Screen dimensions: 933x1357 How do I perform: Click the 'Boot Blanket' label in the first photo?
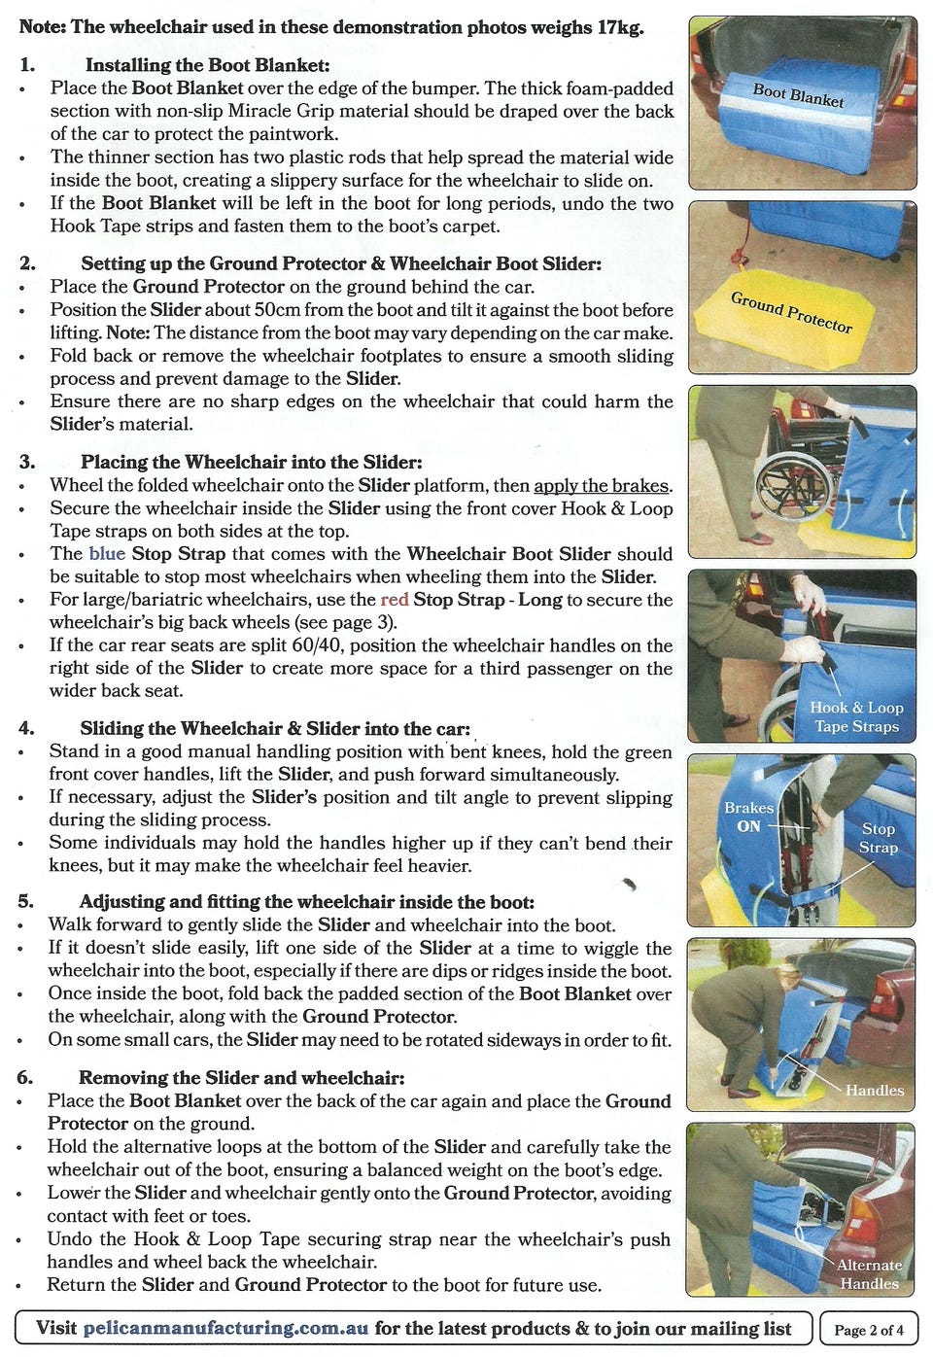tap(798, 95)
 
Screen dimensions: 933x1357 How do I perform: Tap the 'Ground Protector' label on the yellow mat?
tap(791, 312)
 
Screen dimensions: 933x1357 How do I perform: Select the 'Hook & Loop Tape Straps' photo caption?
tap(856, 716)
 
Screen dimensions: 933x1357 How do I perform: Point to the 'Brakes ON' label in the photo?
tap(748, 817)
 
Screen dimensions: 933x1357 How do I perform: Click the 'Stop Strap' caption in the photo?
tap(878, 837)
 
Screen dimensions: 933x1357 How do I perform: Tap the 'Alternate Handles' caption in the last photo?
tap(870, 1274)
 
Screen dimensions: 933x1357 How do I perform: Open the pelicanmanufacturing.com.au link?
tap(225, 1329)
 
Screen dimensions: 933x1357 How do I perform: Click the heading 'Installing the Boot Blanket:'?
tap(207, 65)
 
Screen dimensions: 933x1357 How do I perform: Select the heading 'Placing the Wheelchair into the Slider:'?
tap(252, 462)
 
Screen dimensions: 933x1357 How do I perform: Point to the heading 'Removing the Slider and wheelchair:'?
tap(241, 1077)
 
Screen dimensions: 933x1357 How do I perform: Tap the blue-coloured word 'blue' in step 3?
tap(107, 553)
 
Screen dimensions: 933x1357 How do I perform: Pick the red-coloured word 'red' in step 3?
tap(395, 600)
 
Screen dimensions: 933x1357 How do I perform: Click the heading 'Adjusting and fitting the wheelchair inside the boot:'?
tap(306, 901)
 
